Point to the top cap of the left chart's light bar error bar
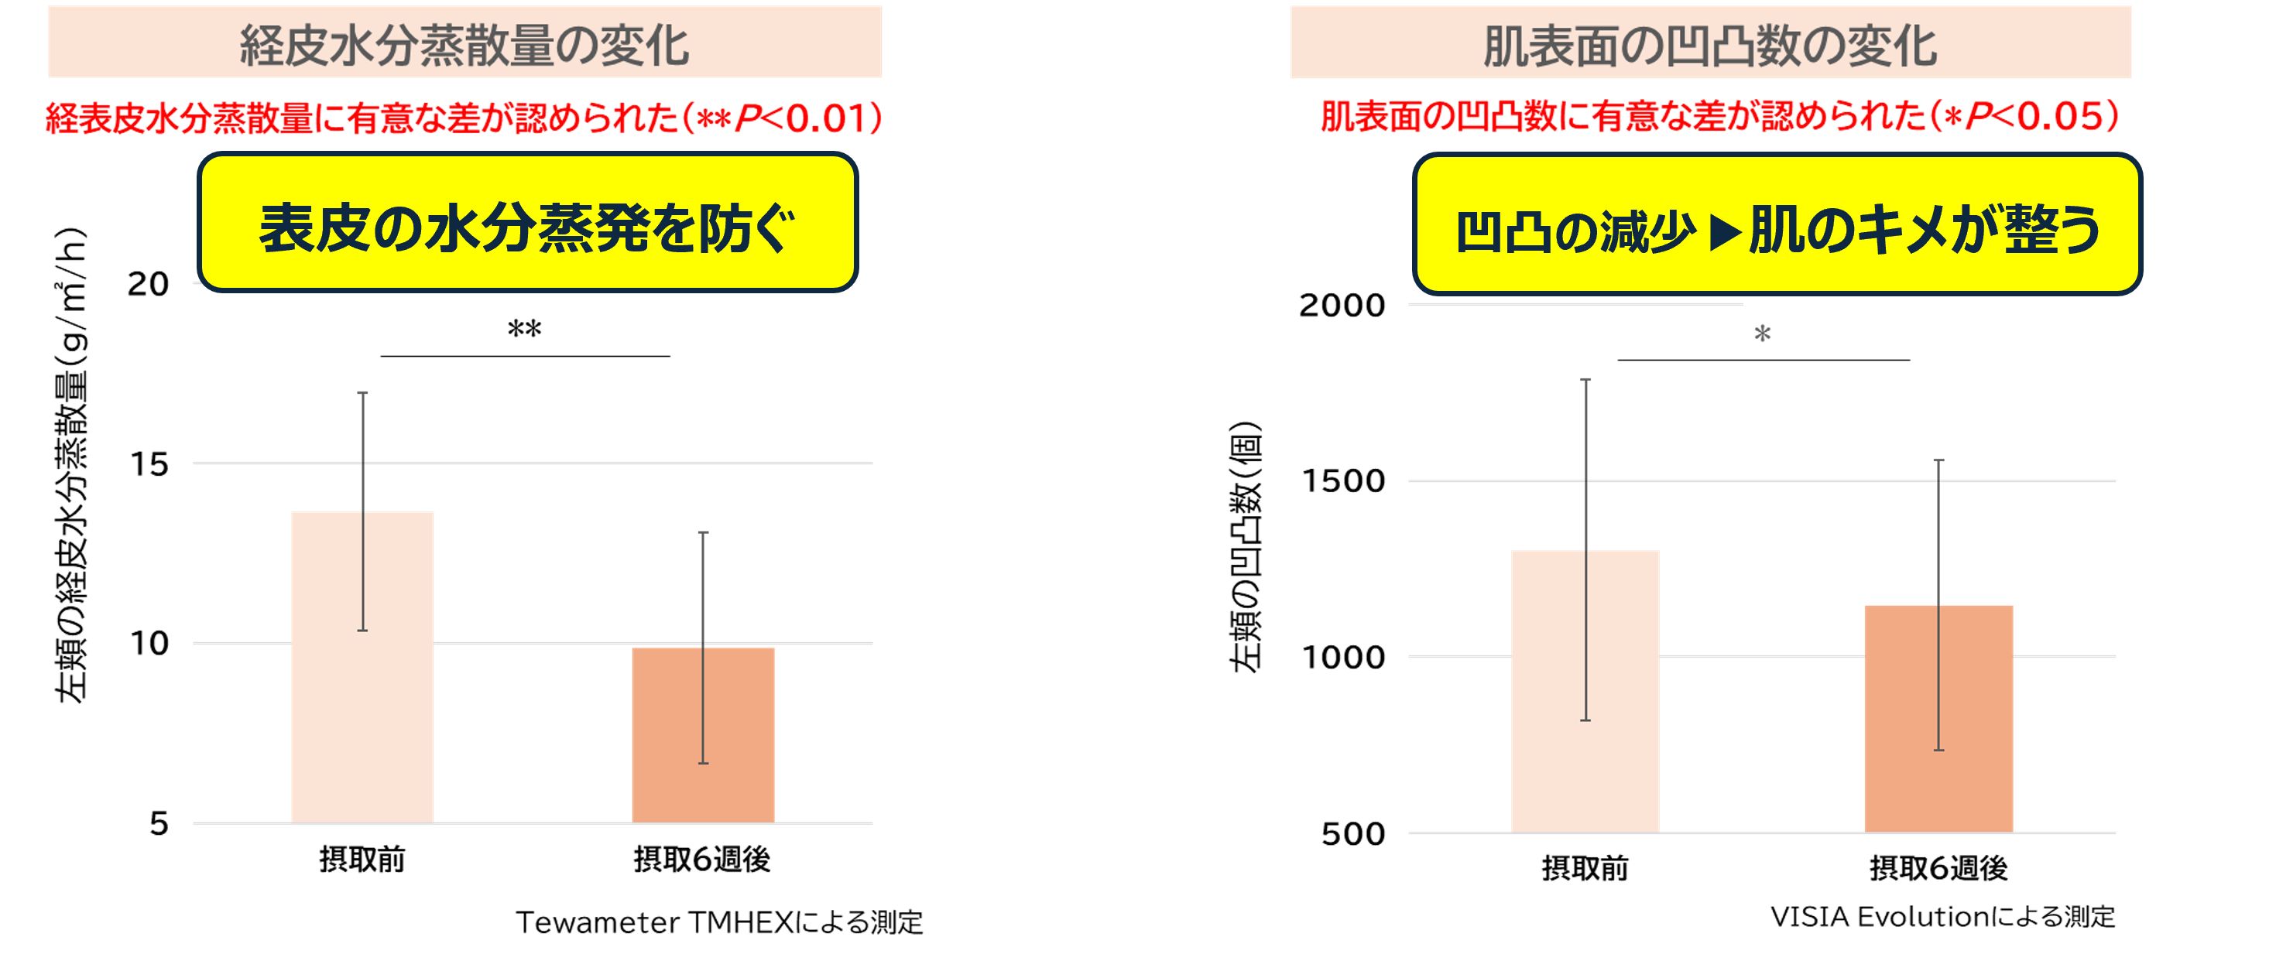click(x=362, y=392)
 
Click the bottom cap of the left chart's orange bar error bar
click(x=703, y=762)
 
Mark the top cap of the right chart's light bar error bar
click(x=1586, y=380)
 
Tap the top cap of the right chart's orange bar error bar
click(x=1938, y=460)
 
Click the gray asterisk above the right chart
click(x=1763, y=335)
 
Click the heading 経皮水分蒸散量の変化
click(x=464, y=44)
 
